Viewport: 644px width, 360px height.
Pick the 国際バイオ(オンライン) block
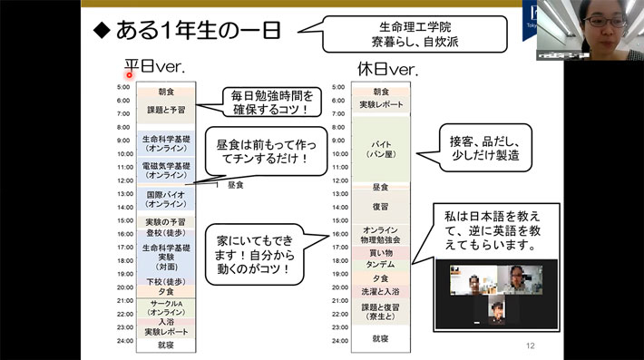pos(166,199)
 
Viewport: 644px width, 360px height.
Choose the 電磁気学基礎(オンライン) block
pos(166,170)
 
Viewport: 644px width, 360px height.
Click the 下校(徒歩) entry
pos(166,281)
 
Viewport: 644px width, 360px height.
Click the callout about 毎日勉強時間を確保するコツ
pos(269,102)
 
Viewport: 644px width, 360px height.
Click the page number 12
pos(532,345)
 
